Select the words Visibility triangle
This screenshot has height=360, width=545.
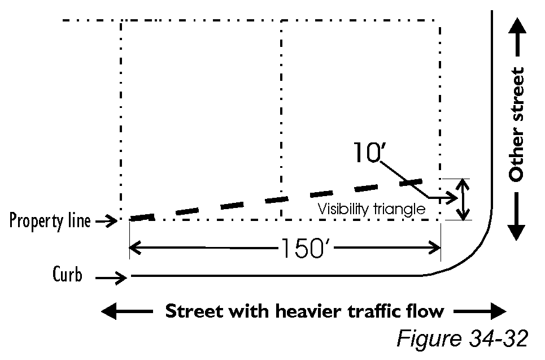coord(370,209)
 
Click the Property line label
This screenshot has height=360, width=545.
coord(50,221)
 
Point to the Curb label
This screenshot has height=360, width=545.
coord(67,276)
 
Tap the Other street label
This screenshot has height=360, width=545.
coord(516,125)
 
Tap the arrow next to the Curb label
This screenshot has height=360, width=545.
coord(111,277)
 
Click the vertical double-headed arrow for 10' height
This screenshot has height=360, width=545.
coord(463,199)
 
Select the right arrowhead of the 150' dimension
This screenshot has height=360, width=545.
coord(435,248)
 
